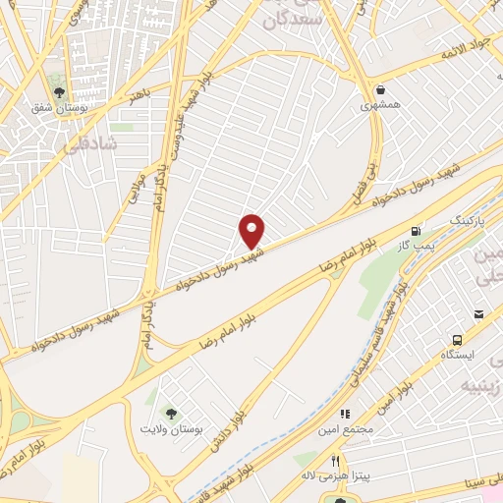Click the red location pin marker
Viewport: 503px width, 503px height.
252,230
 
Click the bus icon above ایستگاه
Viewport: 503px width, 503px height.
478,314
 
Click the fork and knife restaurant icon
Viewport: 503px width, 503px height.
336,461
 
